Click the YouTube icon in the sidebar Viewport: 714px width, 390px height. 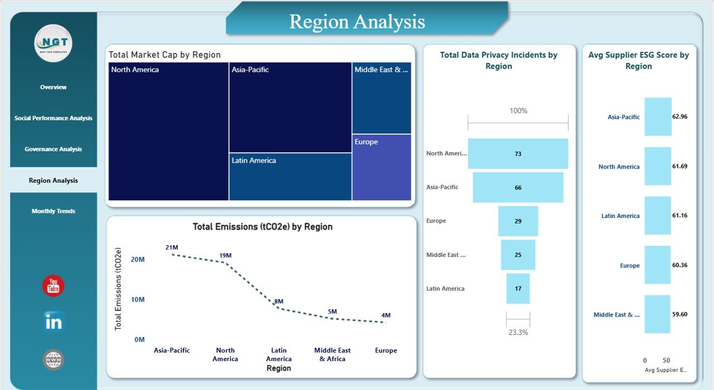(x=54, y=286)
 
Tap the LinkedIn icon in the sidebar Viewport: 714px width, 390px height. (x=54, y=322)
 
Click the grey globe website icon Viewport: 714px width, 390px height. (x=54, y=360)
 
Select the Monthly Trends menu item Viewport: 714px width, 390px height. (x=54, y=211)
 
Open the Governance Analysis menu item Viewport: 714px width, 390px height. (x=54, y=149)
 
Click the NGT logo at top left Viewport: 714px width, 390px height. (x=54, y=43)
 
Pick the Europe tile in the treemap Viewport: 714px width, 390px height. (x=382, y=167)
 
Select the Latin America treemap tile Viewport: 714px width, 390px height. (x=290, y=177)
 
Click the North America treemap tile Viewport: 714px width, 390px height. (x=168, y=131)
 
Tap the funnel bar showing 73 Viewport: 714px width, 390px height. (x=518, y=154)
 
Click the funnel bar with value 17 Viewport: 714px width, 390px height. (x=518, y=289)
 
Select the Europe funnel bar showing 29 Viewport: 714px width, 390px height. (x=518, y=221)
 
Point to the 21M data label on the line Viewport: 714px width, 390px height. (x=172, y=247)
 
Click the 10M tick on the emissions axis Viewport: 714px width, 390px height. (x=138, y=300)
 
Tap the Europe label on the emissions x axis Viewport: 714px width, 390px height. (x=386, y=350)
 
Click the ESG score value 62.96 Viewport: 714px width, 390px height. (x=680, y=117)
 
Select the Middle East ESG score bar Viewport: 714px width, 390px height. (x=657, y=314)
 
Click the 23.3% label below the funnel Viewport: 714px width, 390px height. (x=518, y=332)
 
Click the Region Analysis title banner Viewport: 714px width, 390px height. (x=357, y=22)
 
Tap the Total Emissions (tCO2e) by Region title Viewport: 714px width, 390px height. (x=262, y=227)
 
